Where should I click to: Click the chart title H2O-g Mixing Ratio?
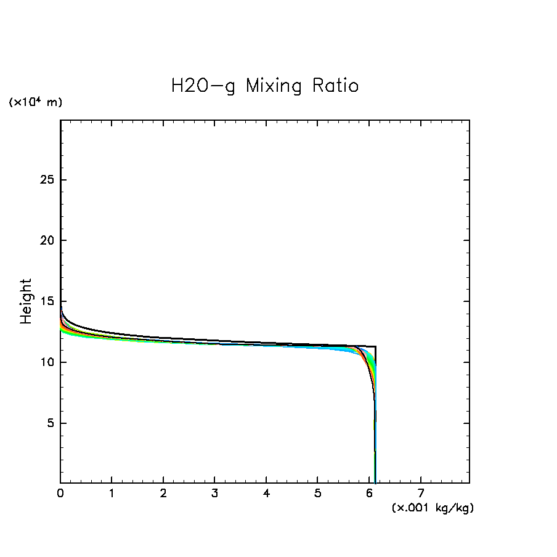point(264,86)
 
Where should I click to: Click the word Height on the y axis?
point(26,301)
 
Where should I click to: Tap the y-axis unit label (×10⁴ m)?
point(35,102)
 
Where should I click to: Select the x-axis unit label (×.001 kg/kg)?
point(433,508)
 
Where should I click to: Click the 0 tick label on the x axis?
point(60,494)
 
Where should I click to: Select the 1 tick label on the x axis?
point(112,494)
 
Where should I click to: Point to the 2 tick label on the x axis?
point(163,494)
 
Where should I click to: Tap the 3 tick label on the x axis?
point(214,494)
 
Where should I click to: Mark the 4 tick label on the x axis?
point(266,494)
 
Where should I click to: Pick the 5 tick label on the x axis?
point(317,494)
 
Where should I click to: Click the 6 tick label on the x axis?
point(369,494)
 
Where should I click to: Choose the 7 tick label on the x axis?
point(420,494)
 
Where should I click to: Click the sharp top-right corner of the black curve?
point(375,347)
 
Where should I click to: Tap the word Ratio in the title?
point(335,86)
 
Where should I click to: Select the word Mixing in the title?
point(274,86)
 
